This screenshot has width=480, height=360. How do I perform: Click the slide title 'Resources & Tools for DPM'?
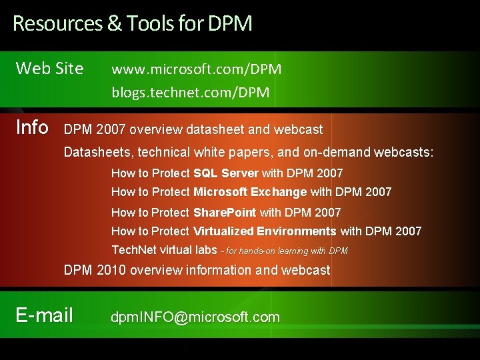132,24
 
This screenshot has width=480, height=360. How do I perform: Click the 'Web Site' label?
49,68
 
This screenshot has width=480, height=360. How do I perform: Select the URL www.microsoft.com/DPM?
196,69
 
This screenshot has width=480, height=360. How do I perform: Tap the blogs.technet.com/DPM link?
190,93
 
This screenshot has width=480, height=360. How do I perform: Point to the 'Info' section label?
31,127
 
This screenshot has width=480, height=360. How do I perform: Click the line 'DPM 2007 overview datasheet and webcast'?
193,129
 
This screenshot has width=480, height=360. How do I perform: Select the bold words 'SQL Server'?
225,173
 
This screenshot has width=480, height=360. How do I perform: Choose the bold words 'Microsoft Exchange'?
250,192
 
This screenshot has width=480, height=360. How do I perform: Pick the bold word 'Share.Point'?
224,213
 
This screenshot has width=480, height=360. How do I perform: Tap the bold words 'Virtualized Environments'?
265,231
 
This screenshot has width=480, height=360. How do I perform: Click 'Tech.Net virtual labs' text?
163,250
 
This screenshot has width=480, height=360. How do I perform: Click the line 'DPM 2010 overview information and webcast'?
197,270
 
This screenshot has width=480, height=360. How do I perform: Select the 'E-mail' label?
44,315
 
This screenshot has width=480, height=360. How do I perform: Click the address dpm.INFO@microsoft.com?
195,317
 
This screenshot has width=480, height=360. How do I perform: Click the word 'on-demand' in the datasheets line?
337,153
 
